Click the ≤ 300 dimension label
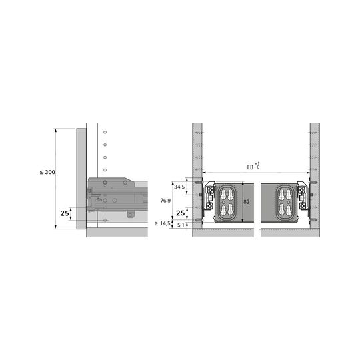pos(47,172)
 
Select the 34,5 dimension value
pos(179,187)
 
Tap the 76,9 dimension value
pos(165,201)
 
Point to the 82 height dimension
pos(247,202)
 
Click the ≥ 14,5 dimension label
pos(163,223)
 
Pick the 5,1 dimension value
pos(181,225)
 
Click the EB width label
pos(253,166)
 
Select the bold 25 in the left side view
pos(65,213)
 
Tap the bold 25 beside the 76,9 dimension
pos(181,213)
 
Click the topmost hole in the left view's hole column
pos(105,132)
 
